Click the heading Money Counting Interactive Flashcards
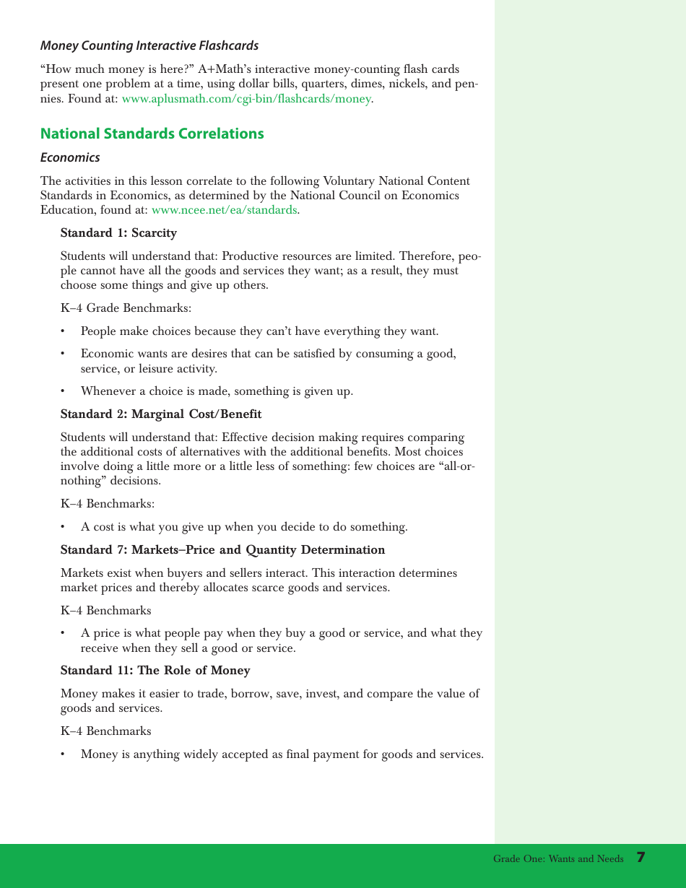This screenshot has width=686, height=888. click(149, 46)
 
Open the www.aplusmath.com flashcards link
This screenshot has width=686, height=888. click(246, 99)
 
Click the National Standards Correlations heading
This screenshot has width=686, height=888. click(152, 134)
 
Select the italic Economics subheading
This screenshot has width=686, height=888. click(70, 157)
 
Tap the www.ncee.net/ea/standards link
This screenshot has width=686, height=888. click(224, 210)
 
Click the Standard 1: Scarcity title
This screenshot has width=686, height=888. click(118, 233)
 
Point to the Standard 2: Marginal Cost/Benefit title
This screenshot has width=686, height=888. click(161, 414)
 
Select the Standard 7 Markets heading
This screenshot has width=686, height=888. click(222, 550)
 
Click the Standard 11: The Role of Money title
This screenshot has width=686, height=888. click(155, 671)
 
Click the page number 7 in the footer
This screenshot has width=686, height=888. click(641, 858)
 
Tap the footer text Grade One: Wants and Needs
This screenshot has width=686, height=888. click(558, 859)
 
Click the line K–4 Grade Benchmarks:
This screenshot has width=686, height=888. click(126, 308)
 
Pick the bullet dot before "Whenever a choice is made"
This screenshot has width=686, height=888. click(64, 392)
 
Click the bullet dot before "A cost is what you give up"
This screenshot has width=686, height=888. click(64, 528)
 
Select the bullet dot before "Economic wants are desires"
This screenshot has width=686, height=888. click(64, 354)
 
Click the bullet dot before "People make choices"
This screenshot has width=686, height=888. click(64, 332)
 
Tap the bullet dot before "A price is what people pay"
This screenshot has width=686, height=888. click(64, 634)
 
